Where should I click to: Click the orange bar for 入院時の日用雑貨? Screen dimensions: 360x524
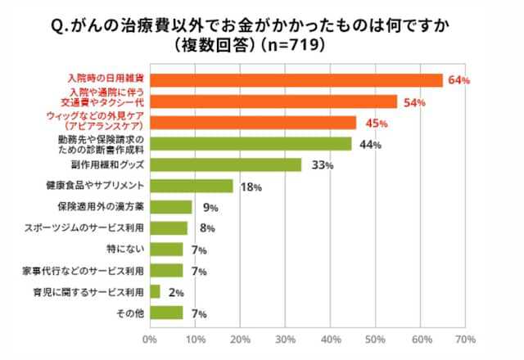coord(296,80)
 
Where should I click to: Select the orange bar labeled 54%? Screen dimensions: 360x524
coord(273,101)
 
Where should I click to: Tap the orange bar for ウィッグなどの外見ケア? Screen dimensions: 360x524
coord(253,123)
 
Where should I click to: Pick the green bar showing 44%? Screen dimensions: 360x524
coord(251,144)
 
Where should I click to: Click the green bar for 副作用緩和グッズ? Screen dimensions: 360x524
coord(226,165)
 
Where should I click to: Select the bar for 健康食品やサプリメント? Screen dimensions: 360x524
coord(192,187)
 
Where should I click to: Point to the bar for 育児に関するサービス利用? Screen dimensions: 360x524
coord(155,291)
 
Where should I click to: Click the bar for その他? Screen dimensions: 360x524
coord(166,313)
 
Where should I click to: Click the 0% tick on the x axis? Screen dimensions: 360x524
coord(150,337)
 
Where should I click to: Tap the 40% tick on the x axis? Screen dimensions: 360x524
coord(330,337)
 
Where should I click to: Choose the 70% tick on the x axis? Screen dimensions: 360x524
coord(465,337)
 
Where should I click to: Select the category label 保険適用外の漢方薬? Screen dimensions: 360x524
coord(101,207)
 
